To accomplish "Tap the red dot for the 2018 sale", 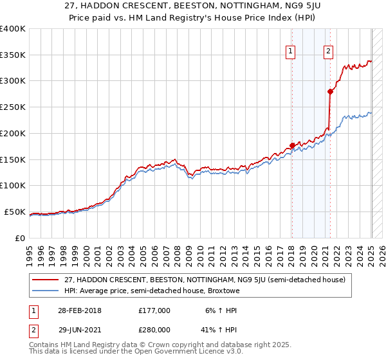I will pyautogui.click(x=292, y=145).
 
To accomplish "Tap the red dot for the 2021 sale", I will pyautogui.click(x=330, y=91).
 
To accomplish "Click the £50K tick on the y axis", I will pyautogui.click(x=15, y=212).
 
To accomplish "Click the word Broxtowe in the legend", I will pyautogui.click(x=223, y=291).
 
